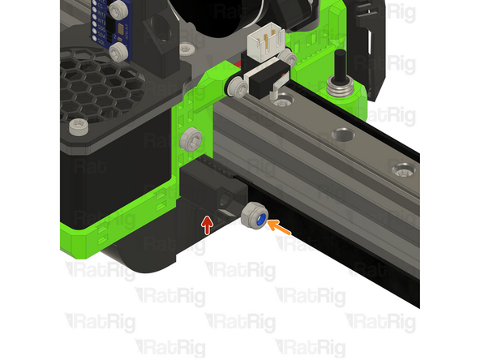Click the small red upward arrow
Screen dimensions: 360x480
(x=208, y=221)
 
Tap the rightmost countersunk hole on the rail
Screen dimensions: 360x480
(x=401, y=170)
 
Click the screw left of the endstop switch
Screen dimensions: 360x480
(x=234, y=84)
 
